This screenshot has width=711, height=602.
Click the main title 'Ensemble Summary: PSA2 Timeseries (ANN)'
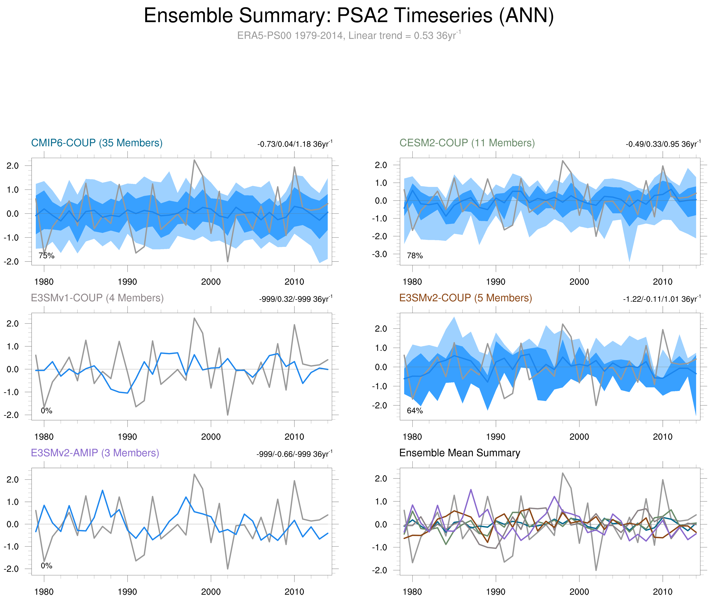click(x=348, y=16)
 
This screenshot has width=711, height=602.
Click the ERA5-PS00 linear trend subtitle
click(x=348, y=36)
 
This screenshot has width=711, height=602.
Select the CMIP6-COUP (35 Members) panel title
click(x=97, y=143)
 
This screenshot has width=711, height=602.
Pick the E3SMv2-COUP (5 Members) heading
click(x=465, y=298)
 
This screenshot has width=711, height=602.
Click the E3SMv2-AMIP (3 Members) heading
click(x=95, y=453)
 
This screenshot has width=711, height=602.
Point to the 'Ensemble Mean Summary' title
click(x=460, y=453)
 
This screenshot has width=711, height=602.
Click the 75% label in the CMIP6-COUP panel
click(x=46, y=256)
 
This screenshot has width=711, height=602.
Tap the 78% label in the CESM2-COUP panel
click(x=415, y=256)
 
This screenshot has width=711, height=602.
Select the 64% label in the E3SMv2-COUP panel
click(x=415, y=411)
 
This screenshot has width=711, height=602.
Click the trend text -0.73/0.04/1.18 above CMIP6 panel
click(x=294, y=144)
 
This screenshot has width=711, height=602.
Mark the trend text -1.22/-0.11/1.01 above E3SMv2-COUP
click(x=661, y=299)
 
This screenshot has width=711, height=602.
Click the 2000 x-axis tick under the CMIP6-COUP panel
click(x=211, y=282)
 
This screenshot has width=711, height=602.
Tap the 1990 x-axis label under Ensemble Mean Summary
click(x=496, y=592)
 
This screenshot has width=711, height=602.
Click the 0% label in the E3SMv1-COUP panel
click(x=46, y=411)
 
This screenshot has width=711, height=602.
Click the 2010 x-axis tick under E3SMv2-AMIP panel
click(x=294, y=592)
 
